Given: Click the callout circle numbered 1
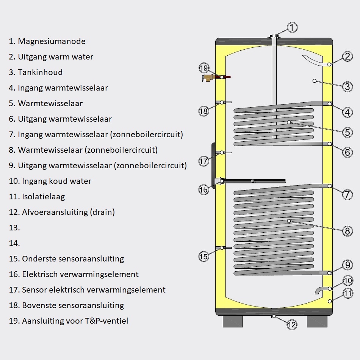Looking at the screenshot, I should tap(292, 27).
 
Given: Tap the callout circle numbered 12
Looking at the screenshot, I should tap(291, 324).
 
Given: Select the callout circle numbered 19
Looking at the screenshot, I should tap(204, 68).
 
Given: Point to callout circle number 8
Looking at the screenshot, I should tap(347, 230).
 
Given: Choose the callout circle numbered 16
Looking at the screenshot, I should tap(204, 190).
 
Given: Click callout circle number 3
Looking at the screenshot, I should tap(347, 87).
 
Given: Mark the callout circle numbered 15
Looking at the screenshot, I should tap(204, 257).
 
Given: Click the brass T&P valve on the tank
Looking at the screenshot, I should tap(208, 78).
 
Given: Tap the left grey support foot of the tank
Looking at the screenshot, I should tap(232, 322).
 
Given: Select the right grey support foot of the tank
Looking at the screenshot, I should tap(316, 322).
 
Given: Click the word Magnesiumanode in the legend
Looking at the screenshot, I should tap(52, 41).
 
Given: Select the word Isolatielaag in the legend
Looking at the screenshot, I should tap(43, 197).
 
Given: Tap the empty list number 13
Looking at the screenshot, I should tap(14, 228).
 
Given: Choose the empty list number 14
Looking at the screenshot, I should tap(14, 243).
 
